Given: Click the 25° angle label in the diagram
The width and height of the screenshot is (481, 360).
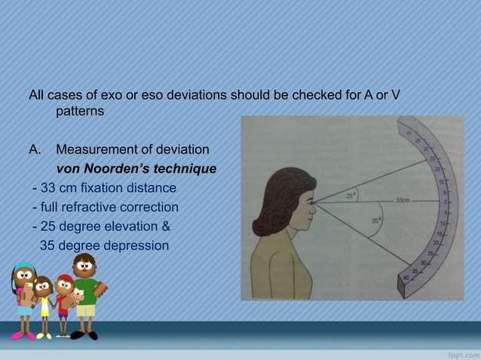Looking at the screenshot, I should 351,194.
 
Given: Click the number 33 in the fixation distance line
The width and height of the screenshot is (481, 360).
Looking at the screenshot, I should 47,187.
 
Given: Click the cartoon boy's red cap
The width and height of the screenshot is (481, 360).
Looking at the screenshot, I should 66,281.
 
